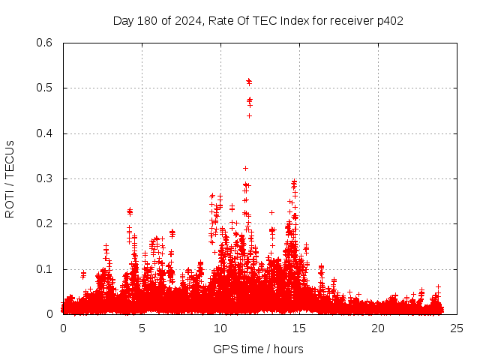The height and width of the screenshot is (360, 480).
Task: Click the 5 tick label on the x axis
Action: [142, 328]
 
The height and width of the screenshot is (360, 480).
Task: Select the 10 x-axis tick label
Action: [220, 328]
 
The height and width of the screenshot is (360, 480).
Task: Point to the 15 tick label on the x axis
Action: [299, 328]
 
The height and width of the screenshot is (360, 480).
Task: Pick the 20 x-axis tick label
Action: [378, 328]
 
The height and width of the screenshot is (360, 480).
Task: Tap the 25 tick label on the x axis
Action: [457, 328]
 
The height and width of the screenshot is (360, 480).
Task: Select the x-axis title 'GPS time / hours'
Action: [258, 349]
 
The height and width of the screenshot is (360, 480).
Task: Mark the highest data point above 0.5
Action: [248, 80]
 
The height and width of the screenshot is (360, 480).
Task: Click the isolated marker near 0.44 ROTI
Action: [249, 115]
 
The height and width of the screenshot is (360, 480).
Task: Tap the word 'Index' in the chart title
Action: [294, 21]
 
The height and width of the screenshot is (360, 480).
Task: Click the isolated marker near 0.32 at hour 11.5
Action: [245, 168]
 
